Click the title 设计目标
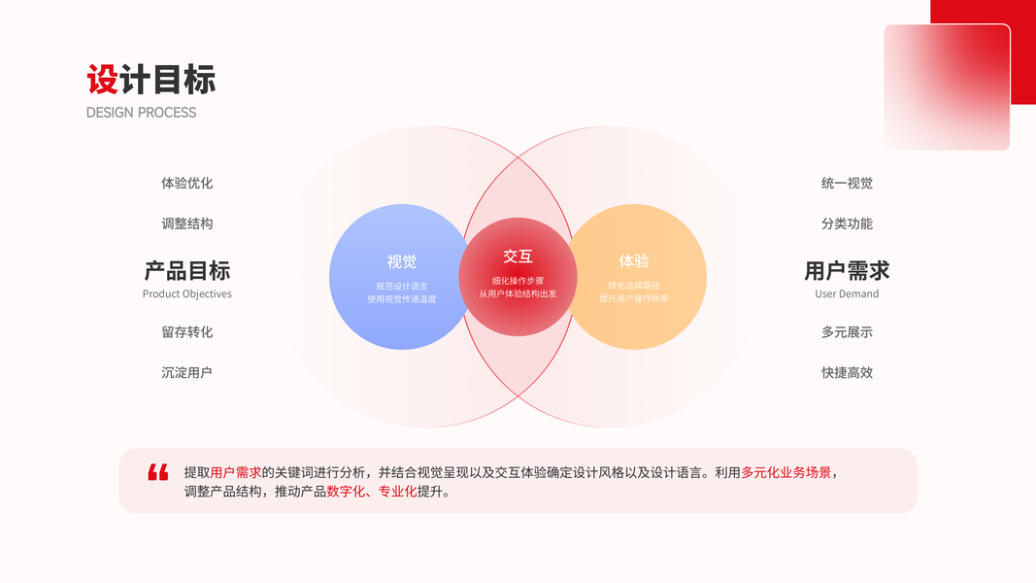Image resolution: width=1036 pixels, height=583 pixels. click(x=150, y=80)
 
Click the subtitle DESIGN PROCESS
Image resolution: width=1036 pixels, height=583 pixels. click(x=141, y=113)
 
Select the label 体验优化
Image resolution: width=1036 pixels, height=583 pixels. click(x=186, y=183)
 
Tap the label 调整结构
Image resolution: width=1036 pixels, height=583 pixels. click(x=186, y=223)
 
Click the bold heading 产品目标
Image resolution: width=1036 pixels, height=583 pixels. click(x=186, y=270)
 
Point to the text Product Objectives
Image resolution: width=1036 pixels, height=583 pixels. click(x=186, y=293)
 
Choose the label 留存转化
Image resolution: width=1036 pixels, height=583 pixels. click(x=186, y=332)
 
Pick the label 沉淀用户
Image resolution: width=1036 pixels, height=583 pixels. click(x=186, y=372)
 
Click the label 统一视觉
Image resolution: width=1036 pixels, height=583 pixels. click(x=847, y=183)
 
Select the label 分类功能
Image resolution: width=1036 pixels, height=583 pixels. click(x=847, y=223)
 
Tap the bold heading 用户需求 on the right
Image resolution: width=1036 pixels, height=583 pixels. click(x=847, y=270)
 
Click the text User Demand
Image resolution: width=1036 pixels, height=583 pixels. click(x=847, y=293)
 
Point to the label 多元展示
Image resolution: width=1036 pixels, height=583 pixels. click(x=847, y=332)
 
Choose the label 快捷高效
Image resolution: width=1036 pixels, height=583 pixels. click(x=847, y=372)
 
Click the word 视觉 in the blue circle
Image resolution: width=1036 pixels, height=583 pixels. click(x=401, y=261)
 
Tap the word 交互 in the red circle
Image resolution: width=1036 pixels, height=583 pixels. click(x=518, y=257)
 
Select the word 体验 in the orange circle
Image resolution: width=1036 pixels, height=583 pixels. click(x=633, y=261)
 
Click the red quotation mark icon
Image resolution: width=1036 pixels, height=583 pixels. click(x=158, y=472)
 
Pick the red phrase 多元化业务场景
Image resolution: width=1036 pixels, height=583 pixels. click(x=785, y=472)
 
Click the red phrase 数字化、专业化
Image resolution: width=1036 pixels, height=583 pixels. click(x=371, y=492)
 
